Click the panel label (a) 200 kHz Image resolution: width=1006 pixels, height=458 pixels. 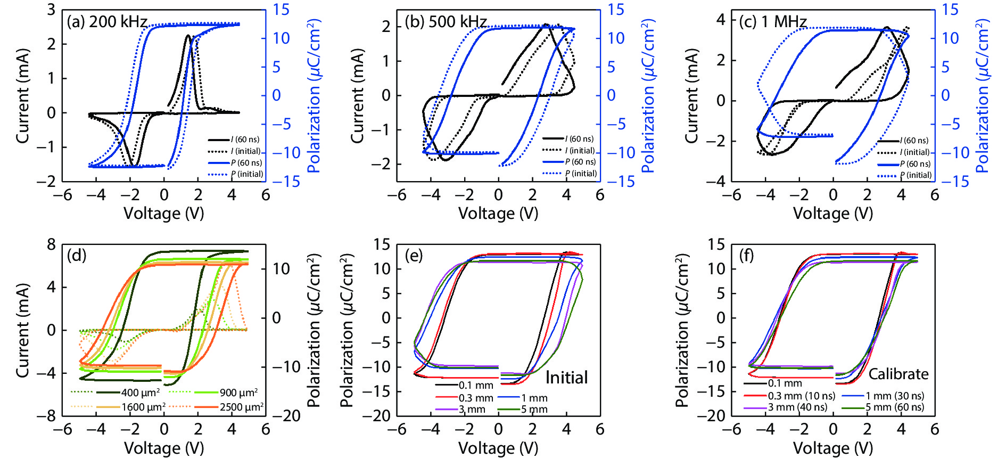click(106, 22)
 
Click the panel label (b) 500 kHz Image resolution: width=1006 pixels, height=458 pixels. click(446, 22)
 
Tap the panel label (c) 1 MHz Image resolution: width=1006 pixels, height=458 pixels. click(773, 22)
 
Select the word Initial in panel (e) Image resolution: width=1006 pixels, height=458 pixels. click(566, 378)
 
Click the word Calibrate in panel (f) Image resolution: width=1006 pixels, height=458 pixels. click(898, 374)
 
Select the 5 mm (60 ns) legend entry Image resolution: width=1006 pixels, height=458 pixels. click(894, 407)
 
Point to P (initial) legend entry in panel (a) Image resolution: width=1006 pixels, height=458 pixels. click(246, 174)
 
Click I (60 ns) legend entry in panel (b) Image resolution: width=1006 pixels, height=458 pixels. click(579, 139)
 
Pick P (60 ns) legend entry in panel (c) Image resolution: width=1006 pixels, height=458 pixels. click(915, 164)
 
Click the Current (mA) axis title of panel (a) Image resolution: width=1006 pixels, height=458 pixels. click(22, 96)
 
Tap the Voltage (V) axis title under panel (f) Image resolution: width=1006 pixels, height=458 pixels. click(833, 448)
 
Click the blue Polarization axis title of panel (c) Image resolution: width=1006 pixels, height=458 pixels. click(982, 96)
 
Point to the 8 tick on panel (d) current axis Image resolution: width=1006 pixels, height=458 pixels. click(51, 244)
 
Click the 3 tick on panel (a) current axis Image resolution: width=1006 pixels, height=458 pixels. click(51, 10)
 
